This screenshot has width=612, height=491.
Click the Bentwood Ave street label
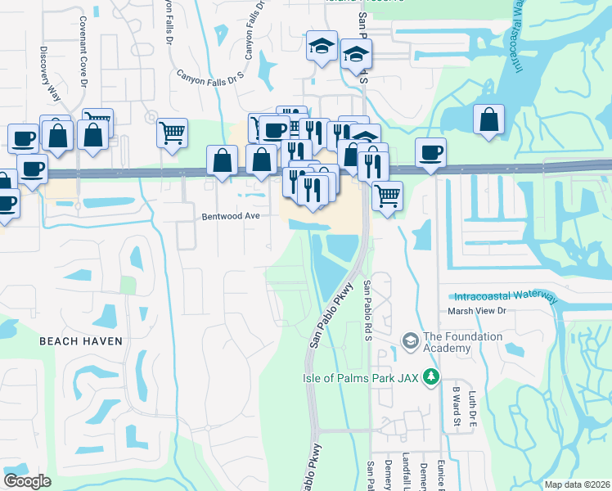(231, 217)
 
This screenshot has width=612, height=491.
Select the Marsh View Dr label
(478, 312)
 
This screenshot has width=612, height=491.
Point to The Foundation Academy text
(447, 342)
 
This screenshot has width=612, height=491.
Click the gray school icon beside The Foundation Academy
(410, 339)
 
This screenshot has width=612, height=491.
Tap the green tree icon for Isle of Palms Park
(427, 376)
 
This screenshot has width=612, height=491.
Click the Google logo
(28, 481)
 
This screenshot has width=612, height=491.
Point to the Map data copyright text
(576, 484)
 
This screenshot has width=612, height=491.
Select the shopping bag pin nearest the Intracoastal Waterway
(488, 121)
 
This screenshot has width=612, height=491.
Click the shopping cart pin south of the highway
(387, 196)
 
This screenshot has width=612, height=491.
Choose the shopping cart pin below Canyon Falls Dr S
(172, 132)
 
